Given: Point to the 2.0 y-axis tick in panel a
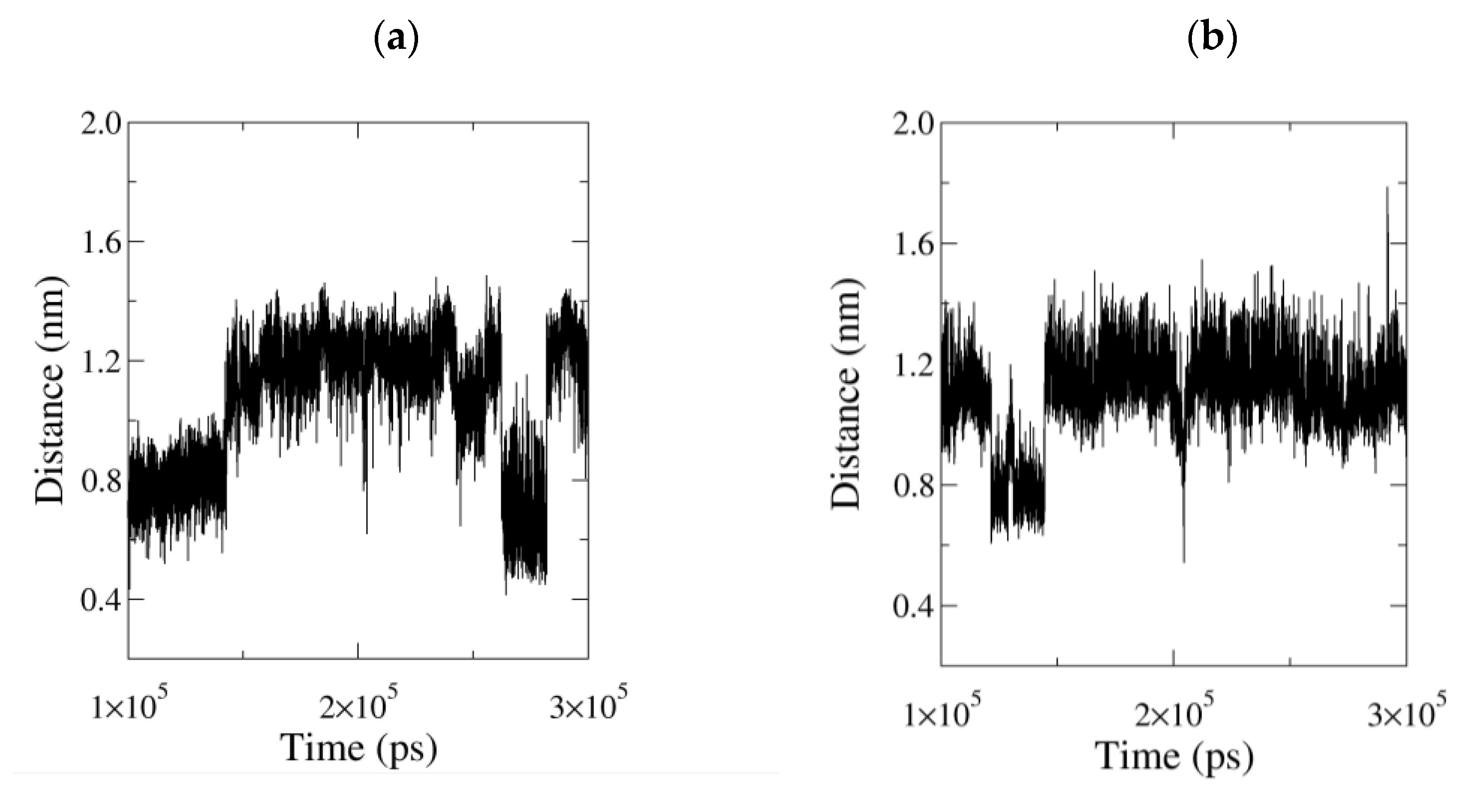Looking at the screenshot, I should tap(101, 124).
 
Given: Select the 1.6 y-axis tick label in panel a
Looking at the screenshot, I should tap(101, 243).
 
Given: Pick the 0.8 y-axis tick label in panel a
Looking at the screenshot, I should tap(101, 481).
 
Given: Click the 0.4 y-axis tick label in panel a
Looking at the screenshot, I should tap(101, 601).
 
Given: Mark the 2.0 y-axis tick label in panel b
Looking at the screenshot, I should tap(913, 124).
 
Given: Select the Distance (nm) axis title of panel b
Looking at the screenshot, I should tap(847, 393).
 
